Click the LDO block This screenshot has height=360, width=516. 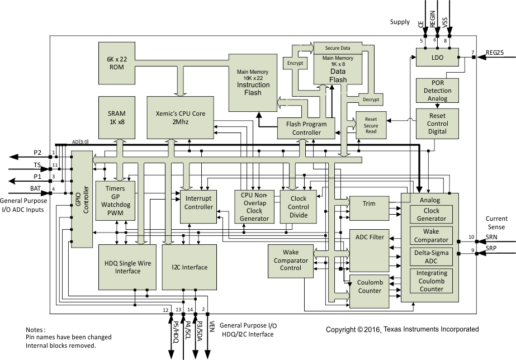pos(437,58)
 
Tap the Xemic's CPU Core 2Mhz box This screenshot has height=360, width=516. pos(181,117)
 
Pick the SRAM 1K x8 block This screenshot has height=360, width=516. pos(116,117)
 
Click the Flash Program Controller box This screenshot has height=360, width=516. pos(306,128)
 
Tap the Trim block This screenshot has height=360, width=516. pos(368,205)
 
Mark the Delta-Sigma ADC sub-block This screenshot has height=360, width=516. pos(432,258)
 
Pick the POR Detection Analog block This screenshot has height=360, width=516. pos(437,91)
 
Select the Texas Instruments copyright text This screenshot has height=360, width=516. pos(403,329)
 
